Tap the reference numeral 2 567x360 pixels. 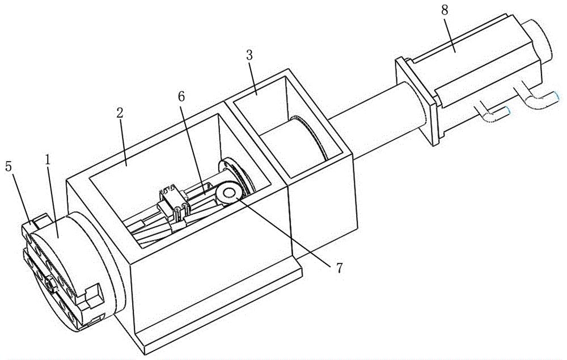(120, 113)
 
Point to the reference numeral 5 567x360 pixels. (9, 167)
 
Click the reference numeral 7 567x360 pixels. (339, 268)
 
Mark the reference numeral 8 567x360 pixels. (445, 10)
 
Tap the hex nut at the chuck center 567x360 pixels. (50, 285)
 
